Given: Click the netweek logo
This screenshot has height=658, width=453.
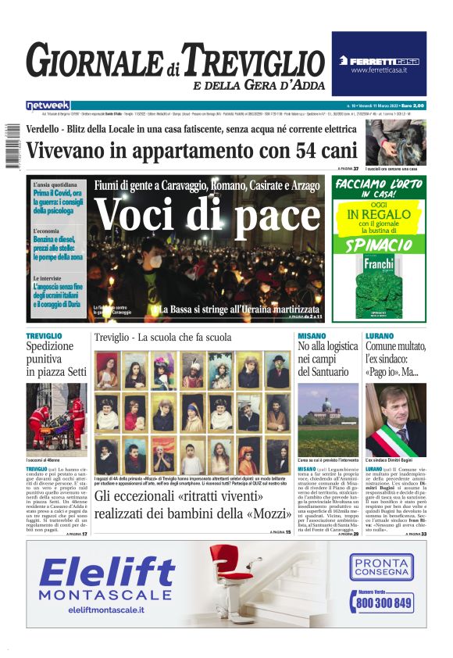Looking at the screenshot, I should coord(48,105).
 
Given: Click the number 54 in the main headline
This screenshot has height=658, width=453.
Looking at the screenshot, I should coord(273,150).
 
